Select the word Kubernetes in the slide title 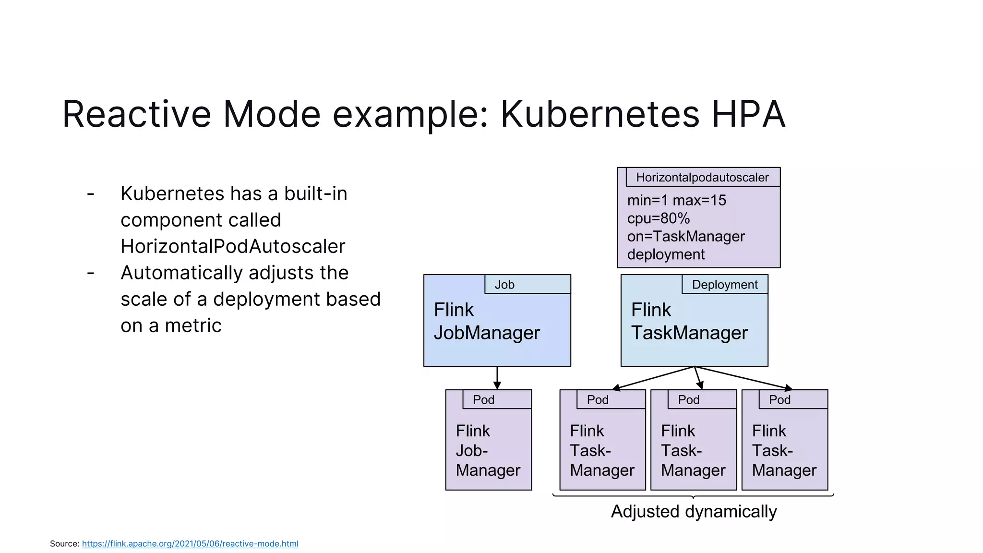(x=600, y=114)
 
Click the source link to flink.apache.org (x=190, y=543)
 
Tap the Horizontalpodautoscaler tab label (x=702, y=178)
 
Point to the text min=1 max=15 (x=676, y=200)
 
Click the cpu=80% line (x=658, y=218)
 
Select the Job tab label (x=504, y=285)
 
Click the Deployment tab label (x=724, y=285)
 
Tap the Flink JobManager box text (x=486, y=321)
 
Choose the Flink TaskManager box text (x=689, y=321)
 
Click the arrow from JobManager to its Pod (x=497, y=378)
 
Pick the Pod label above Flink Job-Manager (x=483, y=400)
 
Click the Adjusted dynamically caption (x=694, y=512)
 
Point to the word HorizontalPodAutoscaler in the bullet (x=233, y=246)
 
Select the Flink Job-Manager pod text (x=488, y=450)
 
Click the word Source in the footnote (x=64, y=543)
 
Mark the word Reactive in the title (x=137, y=114)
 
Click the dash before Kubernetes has (x=91, y=194)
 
